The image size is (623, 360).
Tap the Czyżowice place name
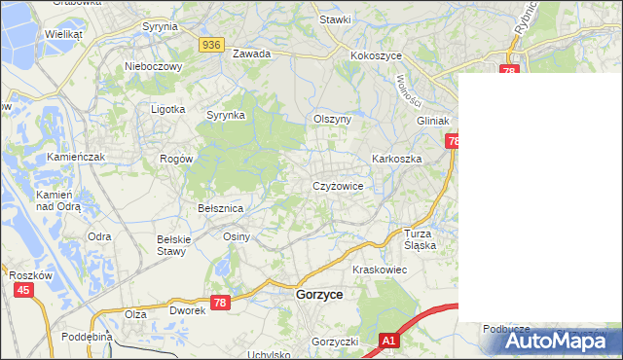[x=338, y=186]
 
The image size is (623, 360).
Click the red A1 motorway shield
[x=388, y=341]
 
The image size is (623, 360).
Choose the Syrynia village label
[x=160, y=27]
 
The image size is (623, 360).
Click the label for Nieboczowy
[x=154, y=67]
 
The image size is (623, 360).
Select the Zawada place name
[x=250, y=54]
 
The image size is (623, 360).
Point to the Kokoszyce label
[x=377, y=56]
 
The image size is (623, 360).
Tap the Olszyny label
[x=332, y=119]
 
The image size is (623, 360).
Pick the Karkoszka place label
[x=395, y=158]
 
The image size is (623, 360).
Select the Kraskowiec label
[x=379, y=270]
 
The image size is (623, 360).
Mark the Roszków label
[x=30, y=275]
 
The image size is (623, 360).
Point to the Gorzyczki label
[x=336, y=342]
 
